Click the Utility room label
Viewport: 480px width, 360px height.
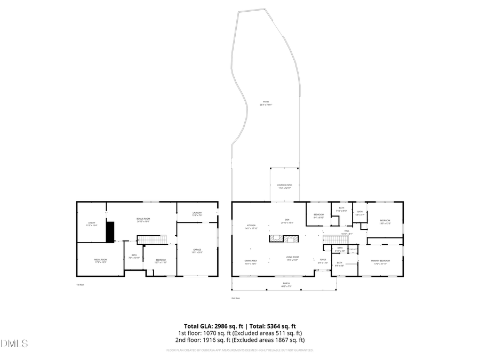[92, 224]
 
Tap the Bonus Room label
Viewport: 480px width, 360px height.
[143, 220]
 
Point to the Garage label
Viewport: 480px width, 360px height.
[197, 251]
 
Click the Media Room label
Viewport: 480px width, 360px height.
[101, 261]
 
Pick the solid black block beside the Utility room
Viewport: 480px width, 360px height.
[110, 231]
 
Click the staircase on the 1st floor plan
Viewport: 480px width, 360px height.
[153, 239]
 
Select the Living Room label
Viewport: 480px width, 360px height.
[292, 259]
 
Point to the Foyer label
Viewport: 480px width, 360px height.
[323, 261]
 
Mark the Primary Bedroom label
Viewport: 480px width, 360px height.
[381, 261]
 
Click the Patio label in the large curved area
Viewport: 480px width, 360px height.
[266, 103]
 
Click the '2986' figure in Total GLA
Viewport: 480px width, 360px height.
[222, 326]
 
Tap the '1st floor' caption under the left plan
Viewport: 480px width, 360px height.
[81, 285]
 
